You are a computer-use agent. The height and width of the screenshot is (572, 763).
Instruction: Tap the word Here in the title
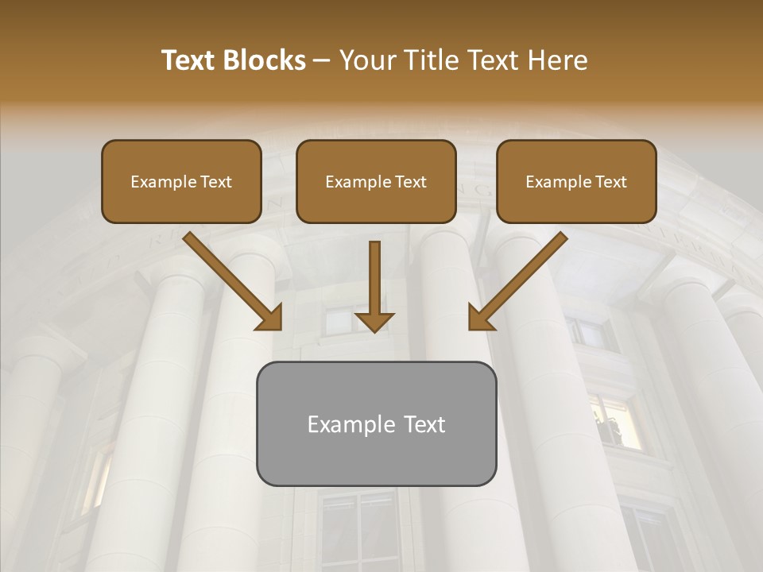click(x=560, y=60)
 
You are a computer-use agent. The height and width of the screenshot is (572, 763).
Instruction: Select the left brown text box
click(x=181, y=181)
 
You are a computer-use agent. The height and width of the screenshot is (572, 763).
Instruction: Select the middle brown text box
click(x=376, y=181)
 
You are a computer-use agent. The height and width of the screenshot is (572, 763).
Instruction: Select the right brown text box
click(x=576, y=181)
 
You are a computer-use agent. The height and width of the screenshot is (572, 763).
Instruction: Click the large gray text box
click(x=376, y=423)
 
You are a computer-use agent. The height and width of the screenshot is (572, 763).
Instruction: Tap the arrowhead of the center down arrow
click(x=374, y=320)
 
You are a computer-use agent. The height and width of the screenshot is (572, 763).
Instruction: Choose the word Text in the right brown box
click(x=610, y=182)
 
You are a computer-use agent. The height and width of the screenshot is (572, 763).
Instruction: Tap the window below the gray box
click(x=358, y=528)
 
